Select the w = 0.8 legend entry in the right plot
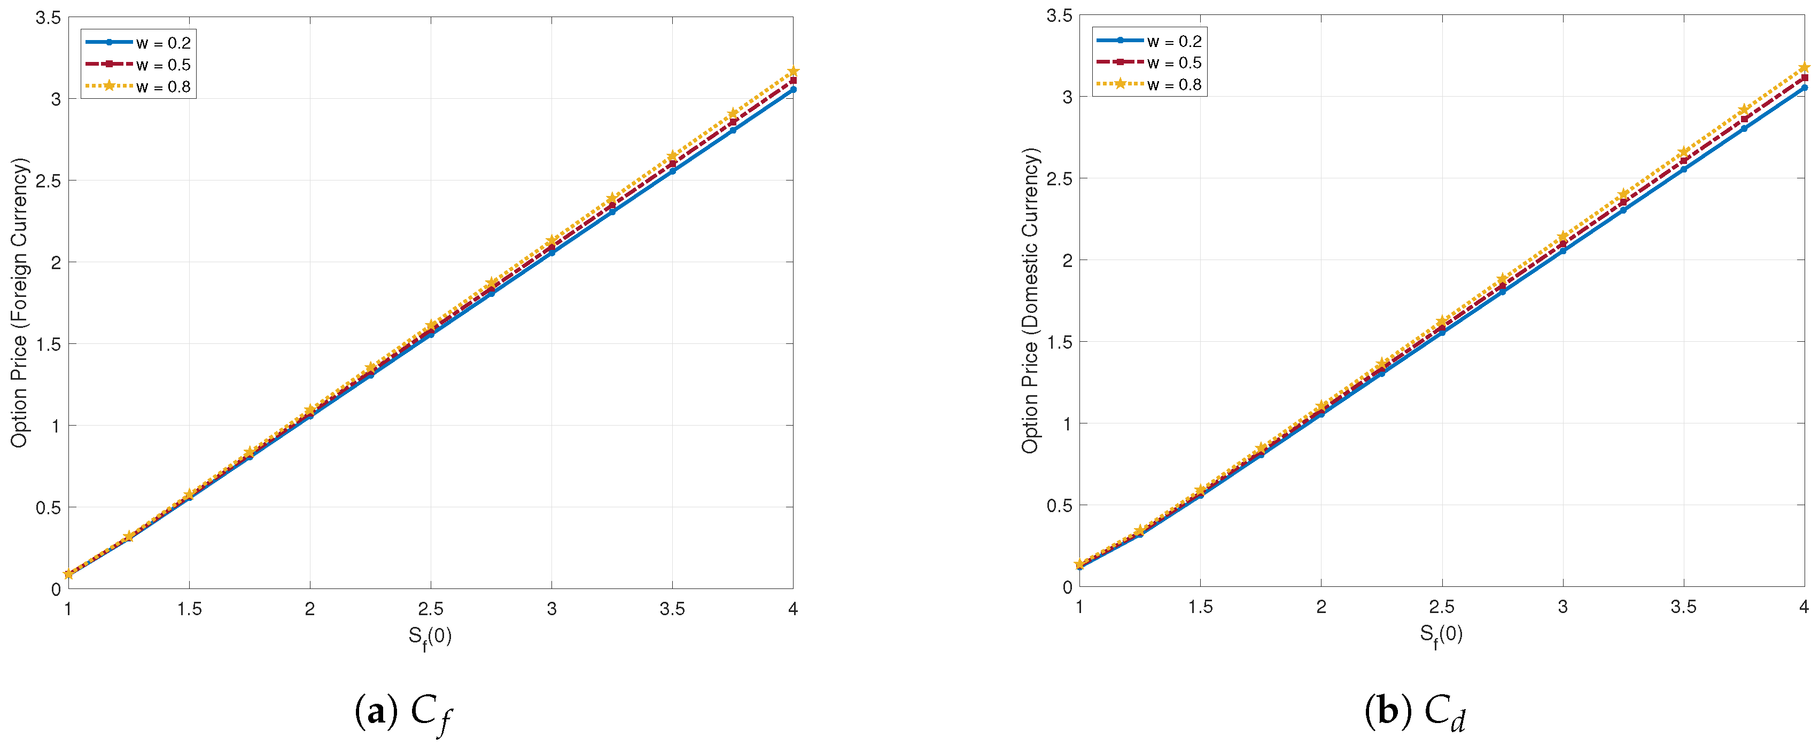1149,85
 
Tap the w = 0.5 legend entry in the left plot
138,65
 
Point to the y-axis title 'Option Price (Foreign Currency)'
19,303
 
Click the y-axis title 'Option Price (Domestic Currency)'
1030,301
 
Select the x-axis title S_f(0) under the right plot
1441,635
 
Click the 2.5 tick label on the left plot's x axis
431,609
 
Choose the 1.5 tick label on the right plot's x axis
1200,607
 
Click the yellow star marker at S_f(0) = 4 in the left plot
793,71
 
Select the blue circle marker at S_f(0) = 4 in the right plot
1804,88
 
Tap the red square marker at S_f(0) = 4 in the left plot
793,81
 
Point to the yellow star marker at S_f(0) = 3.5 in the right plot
1683,152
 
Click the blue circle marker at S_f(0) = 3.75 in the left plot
733,130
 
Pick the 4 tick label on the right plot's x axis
1804,607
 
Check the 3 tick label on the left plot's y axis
56,99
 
